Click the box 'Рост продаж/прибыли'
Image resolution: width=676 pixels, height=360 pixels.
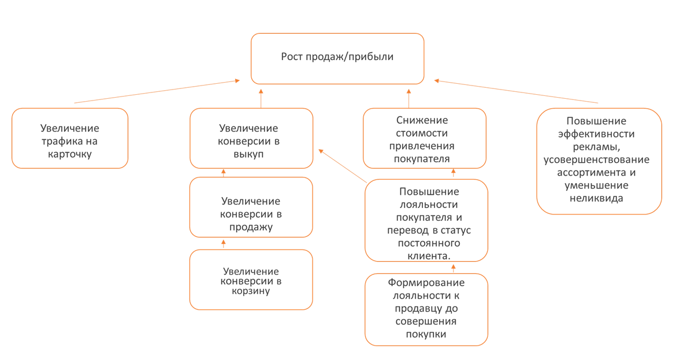pyautogui.click(x=337, y=58)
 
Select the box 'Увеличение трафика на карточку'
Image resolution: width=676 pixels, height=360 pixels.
pyautogui.click(x=70, y=139)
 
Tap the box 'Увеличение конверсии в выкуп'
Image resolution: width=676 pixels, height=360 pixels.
pyautogui.click(x=251, y=139)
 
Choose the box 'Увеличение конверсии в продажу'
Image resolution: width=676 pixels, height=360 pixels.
pyautogui.click(x=251, y=207)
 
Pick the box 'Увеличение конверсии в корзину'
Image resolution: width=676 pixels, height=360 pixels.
pyautogui.click(x=251, y=280)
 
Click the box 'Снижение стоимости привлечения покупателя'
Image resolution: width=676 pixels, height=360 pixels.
pyautogui.click(x=424, y=139)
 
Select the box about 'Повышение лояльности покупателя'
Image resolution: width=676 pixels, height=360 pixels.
pyautogui.click(x=426, y=221)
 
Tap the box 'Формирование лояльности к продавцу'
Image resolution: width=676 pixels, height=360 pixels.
pyautogui.click(x=426, y=310)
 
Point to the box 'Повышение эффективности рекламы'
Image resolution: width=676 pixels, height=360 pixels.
pyautogui.click(x=599, y=161)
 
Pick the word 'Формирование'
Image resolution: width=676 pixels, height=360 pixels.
pyautogui.click(x=426, y=283)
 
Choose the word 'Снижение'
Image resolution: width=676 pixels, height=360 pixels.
pyautogui.click(x=422, y=120)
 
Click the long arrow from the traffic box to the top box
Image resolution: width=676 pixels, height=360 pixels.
pyautogui.click(x=156, y=92)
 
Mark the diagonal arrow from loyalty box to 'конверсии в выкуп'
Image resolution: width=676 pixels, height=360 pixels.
pyautogui.click(x=343, y=166)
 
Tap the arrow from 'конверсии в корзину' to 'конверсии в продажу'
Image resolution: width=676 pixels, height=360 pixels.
pyautogui.click(x=224, y=244)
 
